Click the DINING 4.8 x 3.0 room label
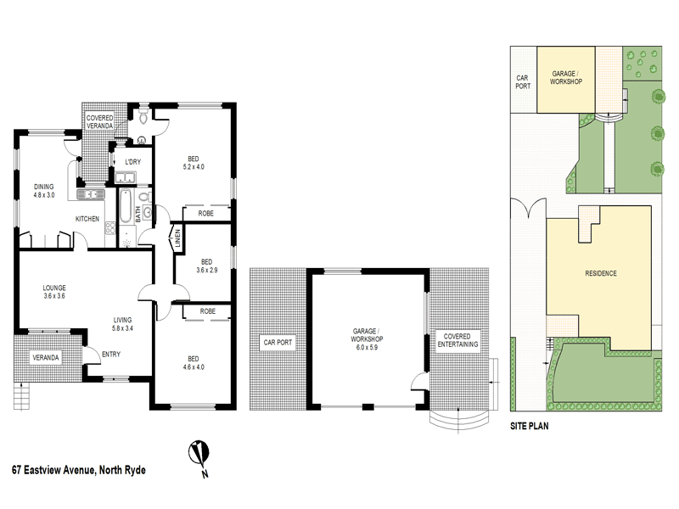[43, 190]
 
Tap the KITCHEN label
[87, 219]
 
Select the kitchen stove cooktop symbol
[128, 240]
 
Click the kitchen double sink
[90, 194]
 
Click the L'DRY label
[132, 161]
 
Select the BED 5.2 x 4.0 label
[194, 162]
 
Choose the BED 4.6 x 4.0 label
[193, 361]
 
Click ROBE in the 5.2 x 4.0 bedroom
[205, 214]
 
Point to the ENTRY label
[111, 355]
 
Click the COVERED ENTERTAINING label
[457, 339]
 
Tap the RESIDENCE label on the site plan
[601, 273]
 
